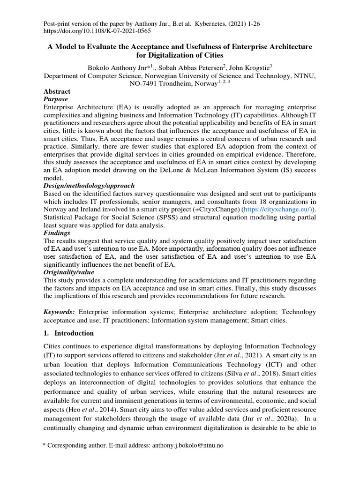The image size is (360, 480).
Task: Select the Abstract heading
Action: coord(57,91)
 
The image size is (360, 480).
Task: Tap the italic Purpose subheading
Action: coord(56,99)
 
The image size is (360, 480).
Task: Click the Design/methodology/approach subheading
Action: coord(89,185)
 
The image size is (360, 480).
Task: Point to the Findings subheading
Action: coord(57,232)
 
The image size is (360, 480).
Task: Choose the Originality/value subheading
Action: coord(69,272)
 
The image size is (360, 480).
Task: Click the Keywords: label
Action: coord(60,312)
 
